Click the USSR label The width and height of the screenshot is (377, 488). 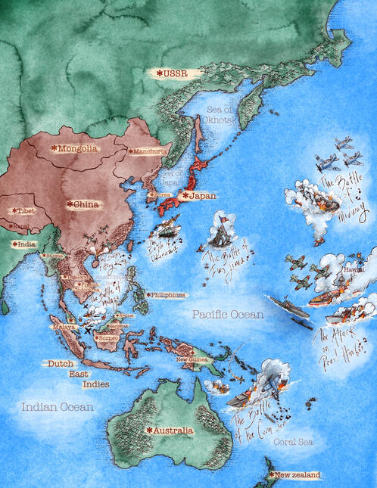pos(174,73)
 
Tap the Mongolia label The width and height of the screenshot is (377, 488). pos(76,148)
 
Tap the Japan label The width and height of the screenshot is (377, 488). pos(200,195)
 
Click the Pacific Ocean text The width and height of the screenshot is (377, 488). pos(227,314)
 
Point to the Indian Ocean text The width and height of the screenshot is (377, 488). pos(58,407)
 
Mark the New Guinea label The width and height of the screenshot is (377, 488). pos(192,359)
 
